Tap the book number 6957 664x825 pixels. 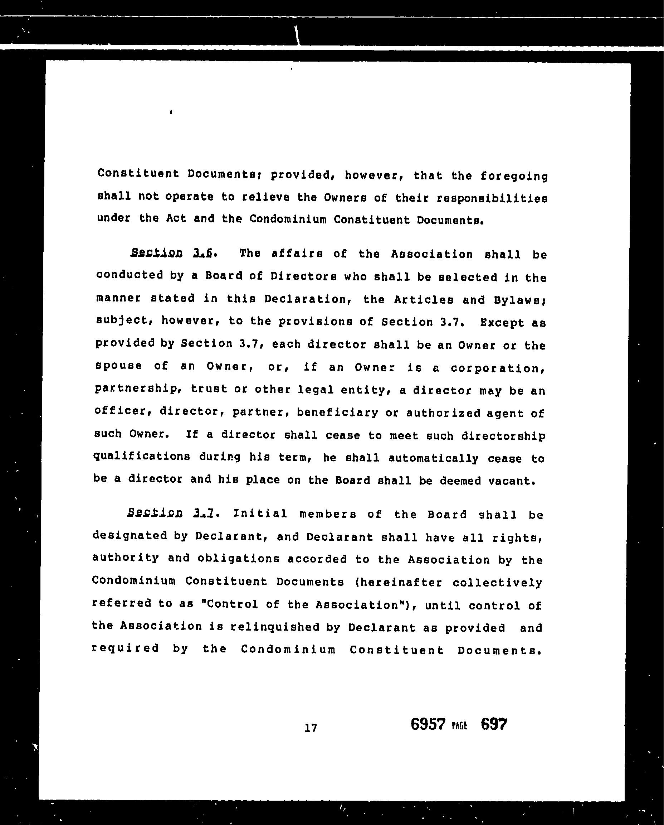tap(428, 724)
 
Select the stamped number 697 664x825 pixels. tap(493, 724)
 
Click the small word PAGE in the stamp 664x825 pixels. tap(459, 726)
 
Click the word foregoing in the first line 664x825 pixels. tap(514, 177)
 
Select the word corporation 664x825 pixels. tap(498, 368)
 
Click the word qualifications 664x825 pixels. tap(142, 457)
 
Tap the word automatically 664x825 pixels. tap(433, 459)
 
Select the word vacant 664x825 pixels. tap(511, 481)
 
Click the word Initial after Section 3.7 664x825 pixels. tap(260, 514)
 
